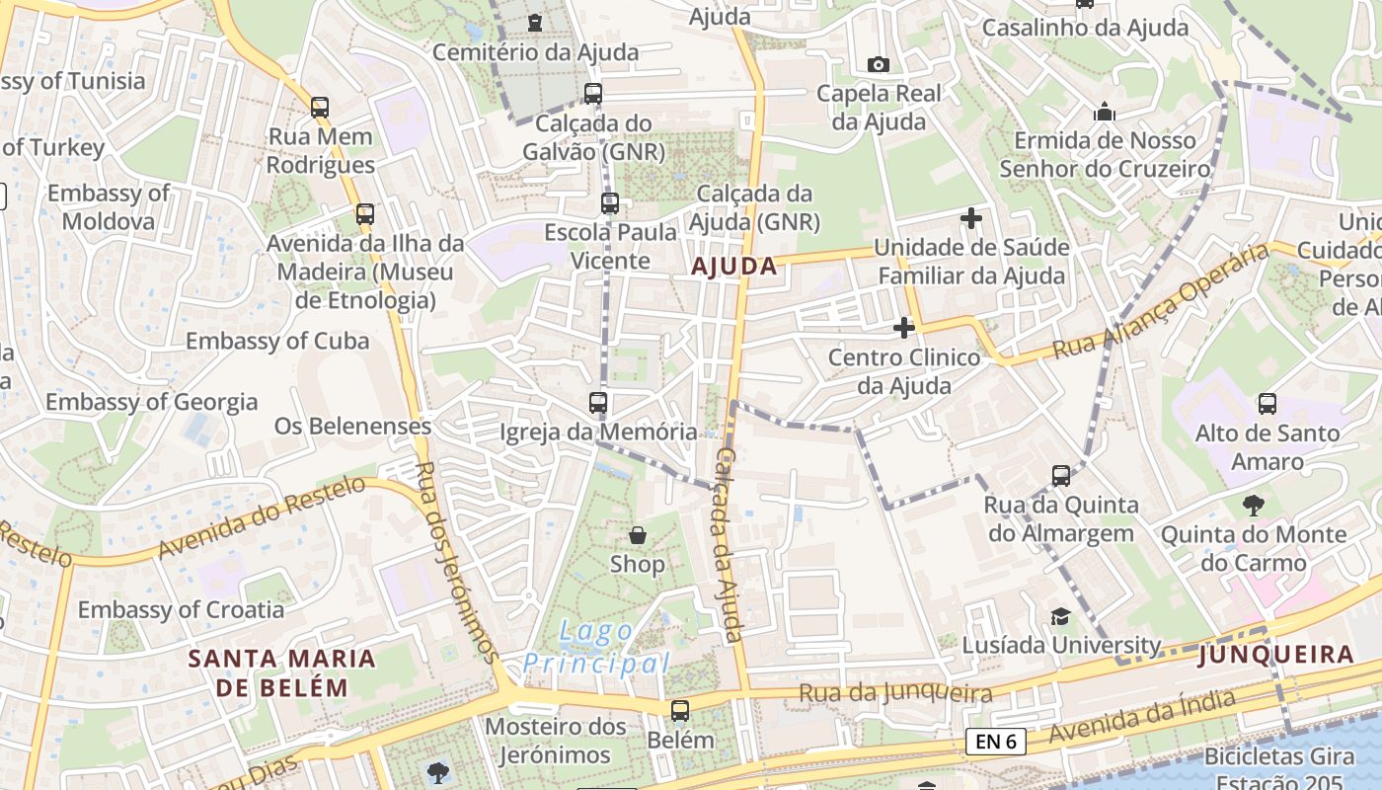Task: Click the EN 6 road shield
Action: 995,742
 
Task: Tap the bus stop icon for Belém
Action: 679,710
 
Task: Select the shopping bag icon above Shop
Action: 638,535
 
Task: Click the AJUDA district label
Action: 733,266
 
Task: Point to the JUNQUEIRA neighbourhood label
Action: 1275,655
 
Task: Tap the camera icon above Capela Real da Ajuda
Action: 878,64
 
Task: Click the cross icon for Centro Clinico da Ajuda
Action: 903,328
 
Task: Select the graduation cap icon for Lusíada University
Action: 1059,616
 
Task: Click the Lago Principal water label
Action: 596,647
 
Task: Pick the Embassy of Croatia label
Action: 181,609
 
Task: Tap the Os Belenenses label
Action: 352,426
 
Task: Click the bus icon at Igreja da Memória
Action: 597,403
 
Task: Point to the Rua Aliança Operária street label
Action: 1160,301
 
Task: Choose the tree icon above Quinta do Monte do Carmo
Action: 1253,506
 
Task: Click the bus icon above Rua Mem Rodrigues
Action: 320,107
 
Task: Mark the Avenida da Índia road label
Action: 1141,718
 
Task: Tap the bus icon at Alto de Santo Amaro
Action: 1267,403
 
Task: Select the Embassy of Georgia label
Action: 151,402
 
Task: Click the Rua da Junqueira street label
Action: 895,693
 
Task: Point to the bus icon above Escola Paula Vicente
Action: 610,203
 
